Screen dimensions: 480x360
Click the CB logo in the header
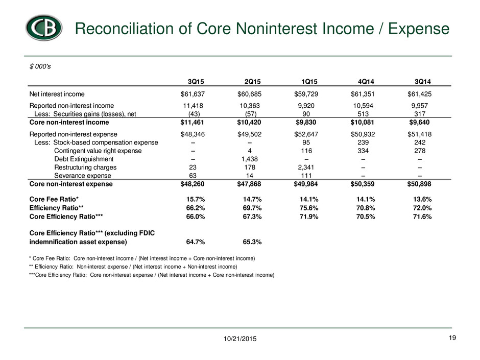click(44, 28)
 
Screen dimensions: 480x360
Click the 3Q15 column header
click(196, 82)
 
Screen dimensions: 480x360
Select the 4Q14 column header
click(366, 82)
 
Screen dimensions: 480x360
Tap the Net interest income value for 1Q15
click(306, 94)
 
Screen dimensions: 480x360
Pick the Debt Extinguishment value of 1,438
click(250, 159)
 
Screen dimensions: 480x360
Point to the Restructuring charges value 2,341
click(306, 167)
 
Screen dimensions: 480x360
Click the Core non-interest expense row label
click(71, 184)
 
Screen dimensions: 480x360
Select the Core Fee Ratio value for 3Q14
click(422, 199)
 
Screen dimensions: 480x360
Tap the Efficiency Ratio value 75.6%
click(309, 208)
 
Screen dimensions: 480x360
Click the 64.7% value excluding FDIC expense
click(196, 242)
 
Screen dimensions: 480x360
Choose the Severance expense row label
click(83, 176)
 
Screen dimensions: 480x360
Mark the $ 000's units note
click(40, 66)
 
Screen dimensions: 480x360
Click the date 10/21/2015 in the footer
click(240, 339)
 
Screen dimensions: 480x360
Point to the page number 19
click(452, 338)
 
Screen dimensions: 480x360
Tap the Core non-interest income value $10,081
click(363, 123)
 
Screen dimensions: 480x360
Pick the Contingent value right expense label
click(98, 151)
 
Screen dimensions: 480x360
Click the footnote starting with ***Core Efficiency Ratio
click(152, 275)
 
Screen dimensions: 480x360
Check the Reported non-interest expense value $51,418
click(419, 134)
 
